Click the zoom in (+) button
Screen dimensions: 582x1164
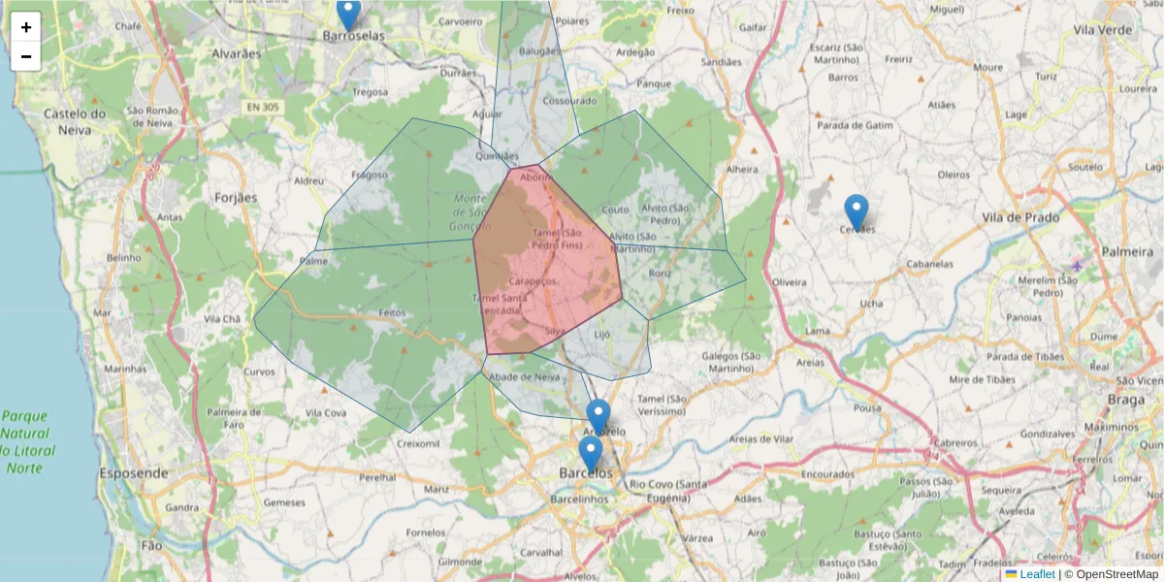pos(26,27)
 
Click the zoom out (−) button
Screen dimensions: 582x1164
pos(26,56)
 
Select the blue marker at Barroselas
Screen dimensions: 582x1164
pos(348,14)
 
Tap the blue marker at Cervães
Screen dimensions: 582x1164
pos(856,211)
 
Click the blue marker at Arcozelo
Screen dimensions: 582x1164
pos(598,416)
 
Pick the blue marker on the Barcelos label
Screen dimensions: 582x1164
pos(590,453)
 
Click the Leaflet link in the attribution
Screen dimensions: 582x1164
pos(1037,574)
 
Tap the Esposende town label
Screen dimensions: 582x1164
pos(133,474)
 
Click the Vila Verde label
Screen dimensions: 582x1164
pos(1103,30)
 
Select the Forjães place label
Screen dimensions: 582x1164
pos(235,198)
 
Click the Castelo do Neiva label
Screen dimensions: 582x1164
pos(74,120)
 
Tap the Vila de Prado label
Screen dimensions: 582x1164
pos(1019,217)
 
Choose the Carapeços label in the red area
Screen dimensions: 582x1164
pos(533,280)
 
